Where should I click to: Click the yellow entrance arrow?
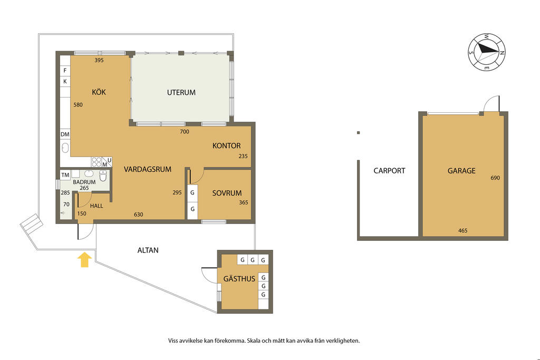coord(85,260)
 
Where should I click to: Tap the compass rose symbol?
coord(487,52)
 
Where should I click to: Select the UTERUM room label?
coord(181,92)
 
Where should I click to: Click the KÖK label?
coord(99,92)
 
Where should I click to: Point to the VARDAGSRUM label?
coord(148,169)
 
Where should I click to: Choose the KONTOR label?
coord(226,145)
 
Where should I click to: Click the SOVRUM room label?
coord(227,193)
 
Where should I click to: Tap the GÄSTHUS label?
coord(239,278)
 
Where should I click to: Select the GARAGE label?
coord(461,170)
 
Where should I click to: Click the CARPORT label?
coord(389,170)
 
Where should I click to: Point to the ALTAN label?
coord(148,250)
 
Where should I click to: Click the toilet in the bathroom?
coord(103,176)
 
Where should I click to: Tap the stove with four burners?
coord(97,162)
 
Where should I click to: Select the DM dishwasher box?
coord(65,134)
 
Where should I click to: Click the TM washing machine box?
coord(65,175)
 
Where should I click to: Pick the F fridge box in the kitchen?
coord(65,71)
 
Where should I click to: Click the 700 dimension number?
coord(185,131)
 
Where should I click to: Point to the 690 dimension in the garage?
coord(495,178)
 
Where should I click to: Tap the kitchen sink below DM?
coord(65,148)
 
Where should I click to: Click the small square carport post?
coord(359,132)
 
